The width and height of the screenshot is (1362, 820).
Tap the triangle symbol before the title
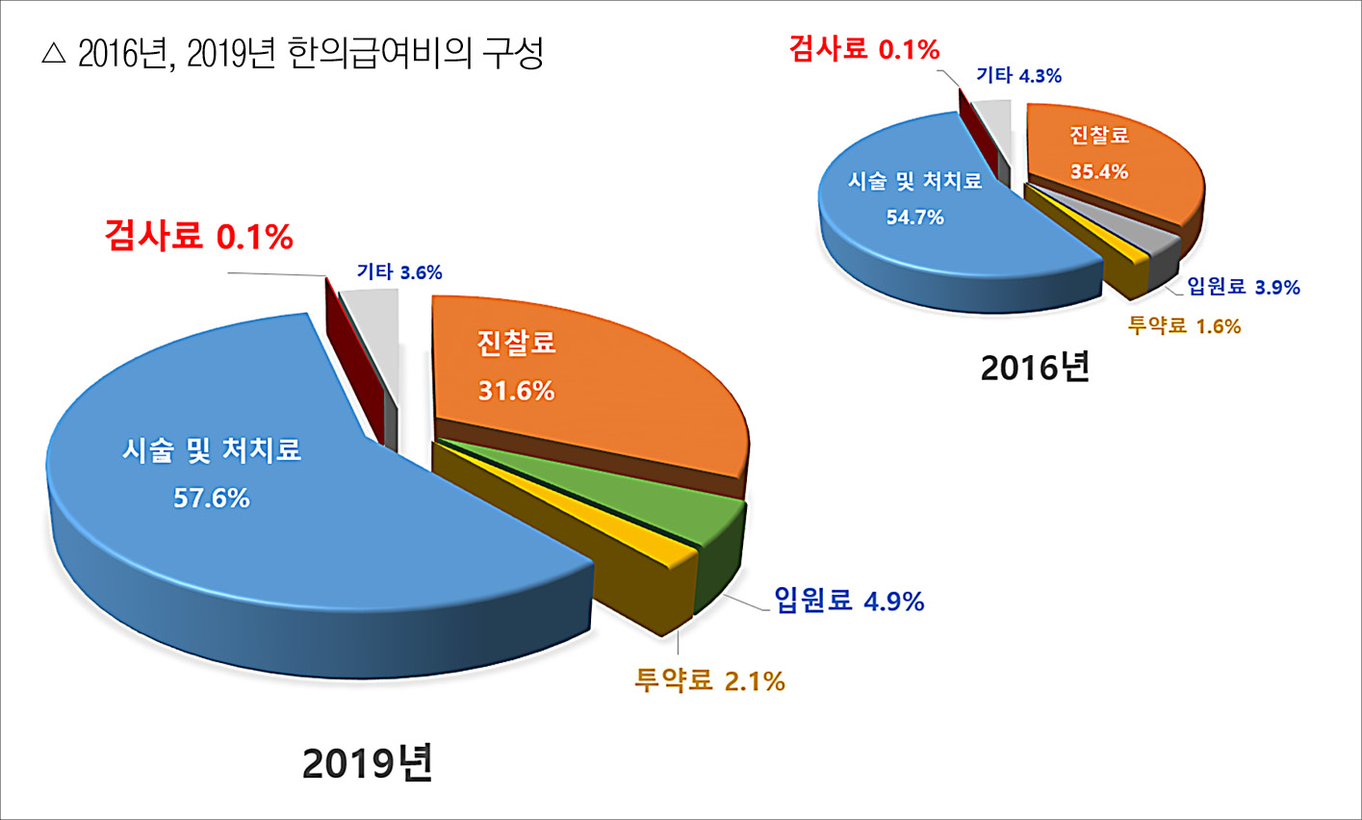(x=53, y=54)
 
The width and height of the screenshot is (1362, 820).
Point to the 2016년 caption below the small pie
(x=1035, y=367)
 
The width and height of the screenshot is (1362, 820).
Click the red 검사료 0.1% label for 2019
(x=198, y=237)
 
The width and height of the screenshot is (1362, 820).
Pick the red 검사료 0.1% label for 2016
(x=863, y=49)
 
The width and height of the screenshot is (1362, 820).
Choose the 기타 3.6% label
(x=398, y=272)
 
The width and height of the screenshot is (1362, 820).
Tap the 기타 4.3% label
(x=1018, y=76)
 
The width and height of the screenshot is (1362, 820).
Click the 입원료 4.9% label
(x=849, y=602)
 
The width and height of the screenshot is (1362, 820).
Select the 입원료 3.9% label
(x=1244, y=287)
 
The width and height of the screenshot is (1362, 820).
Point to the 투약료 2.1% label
(x=709, y=681)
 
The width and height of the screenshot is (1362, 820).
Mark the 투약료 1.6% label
(x=1184, y=326)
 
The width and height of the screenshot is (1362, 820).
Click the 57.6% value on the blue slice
(x=211, y=499)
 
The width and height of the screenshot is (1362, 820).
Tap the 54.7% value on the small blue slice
(x=914, y=218)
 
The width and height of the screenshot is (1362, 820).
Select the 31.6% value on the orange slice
(x=516, y=391)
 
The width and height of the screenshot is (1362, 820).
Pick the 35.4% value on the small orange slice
(x=1099, y=172)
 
